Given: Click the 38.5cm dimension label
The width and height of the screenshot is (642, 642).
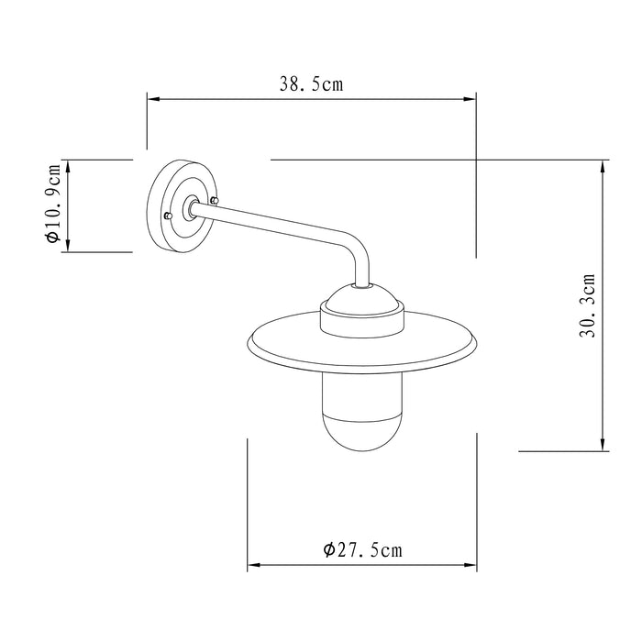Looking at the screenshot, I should pyautogui.click(x=311, y=85).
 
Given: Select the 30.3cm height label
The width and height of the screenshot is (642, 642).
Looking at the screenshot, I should pyautogui.click(x=588, y=305).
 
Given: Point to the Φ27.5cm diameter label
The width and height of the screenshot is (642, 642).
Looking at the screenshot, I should pyautogui.click(x=362, y=550).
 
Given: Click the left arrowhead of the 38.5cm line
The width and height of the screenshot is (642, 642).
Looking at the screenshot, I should pyautogui.click(x=152, y=99).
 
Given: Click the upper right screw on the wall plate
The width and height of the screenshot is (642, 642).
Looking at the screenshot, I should pyautogui.click(x=215, y=200).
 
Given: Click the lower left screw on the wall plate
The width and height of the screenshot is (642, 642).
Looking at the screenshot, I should pyautogui.click(x=168, y=215).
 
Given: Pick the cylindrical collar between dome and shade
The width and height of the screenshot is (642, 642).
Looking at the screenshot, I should pyautogui.click(x=361, y=322).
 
